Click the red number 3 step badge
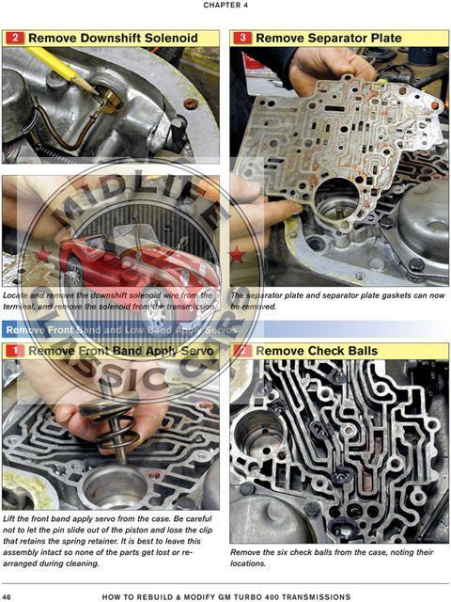pos(242,39)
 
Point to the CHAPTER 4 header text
pos(225,6)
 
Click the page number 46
pos(8,596)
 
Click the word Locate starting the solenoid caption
pos(19,294)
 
